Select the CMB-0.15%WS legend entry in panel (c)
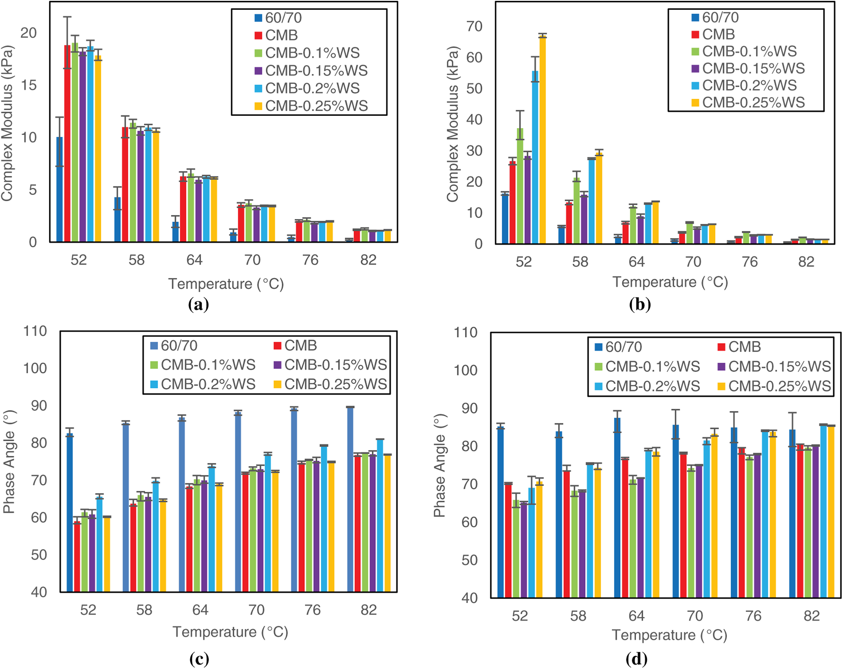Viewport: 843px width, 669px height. pyautogui.click(x=330, y=365)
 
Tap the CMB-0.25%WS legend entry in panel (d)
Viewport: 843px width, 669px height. pyautogui.click(x=774, y=386)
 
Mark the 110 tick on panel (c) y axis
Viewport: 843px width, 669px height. pyautogui.click(x=35, y=331)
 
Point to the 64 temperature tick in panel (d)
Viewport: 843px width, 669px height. pyautogui.click(x=636, y=616)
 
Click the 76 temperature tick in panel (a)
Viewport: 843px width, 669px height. pyautogui.click(x=310, y=260)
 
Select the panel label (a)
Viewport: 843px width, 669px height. pyautogui.click(x=198, y=305)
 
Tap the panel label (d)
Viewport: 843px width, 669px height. pyautogui.click(x=636, y=659)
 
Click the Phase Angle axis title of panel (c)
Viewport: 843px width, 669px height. pyautogui.click(x=9, y=462)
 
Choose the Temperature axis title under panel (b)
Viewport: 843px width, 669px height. pyautogui.click(x=670, y=282)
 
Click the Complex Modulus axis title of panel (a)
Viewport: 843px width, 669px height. pyautogui.click(x=7, y=123)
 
